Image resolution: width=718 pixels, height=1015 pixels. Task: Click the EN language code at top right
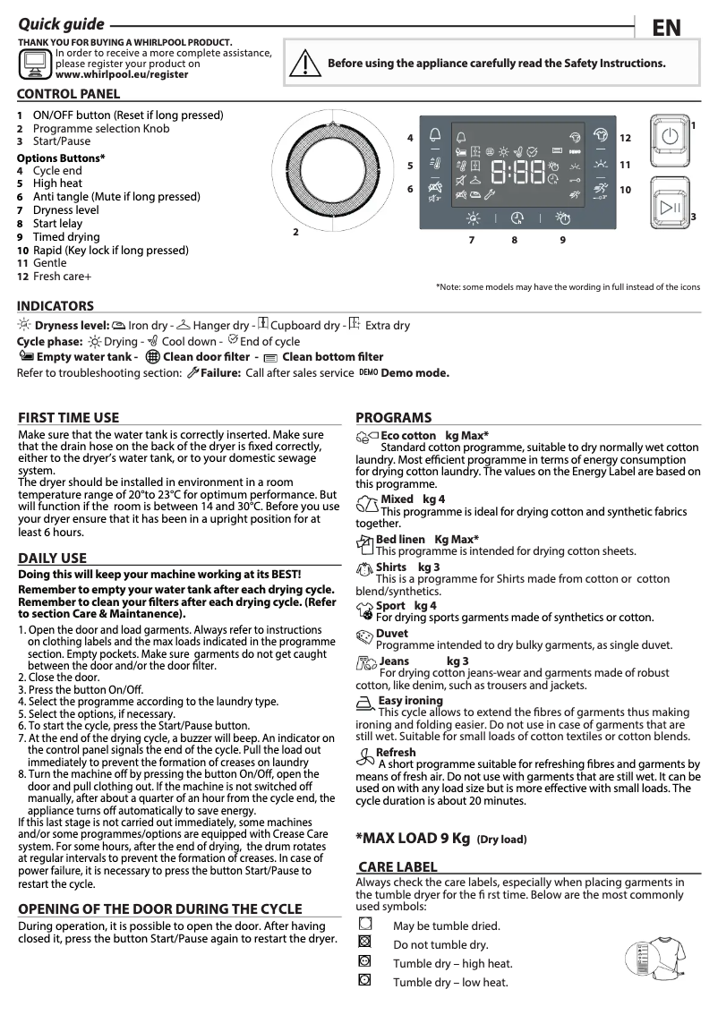(666, 28)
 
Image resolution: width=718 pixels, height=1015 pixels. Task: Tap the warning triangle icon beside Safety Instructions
(305, 64)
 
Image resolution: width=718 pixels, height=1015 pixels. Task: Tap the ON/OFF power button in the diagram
(669, 137)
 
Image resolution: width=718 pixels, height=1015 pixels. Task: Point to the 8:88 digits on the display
(519, 172)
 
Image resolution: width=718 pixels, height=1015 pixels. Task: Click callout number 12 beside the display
(625, 138)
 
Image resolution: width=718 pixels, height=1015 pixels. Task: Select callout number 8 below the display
(515, 240)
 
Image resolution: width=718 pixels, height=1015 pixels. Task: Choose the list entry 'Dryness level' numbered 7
(65, 210)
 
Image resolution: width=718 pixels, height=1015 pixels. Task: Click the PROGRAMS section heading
(393, 417)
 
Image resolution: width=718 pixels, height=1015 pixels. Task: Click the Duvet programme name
(391, 634)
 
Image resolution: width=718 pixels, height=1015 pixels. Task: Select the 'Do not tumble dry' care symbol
(364, 942)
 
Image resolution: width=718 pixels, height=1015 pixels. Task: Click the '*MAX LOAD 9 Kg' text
(413, 839)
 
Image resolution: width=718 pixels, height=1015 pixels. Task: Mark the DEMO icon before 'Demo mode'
(368, 372)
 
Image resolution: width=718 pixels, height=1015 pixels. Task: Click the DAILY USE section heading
(53, 559)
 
